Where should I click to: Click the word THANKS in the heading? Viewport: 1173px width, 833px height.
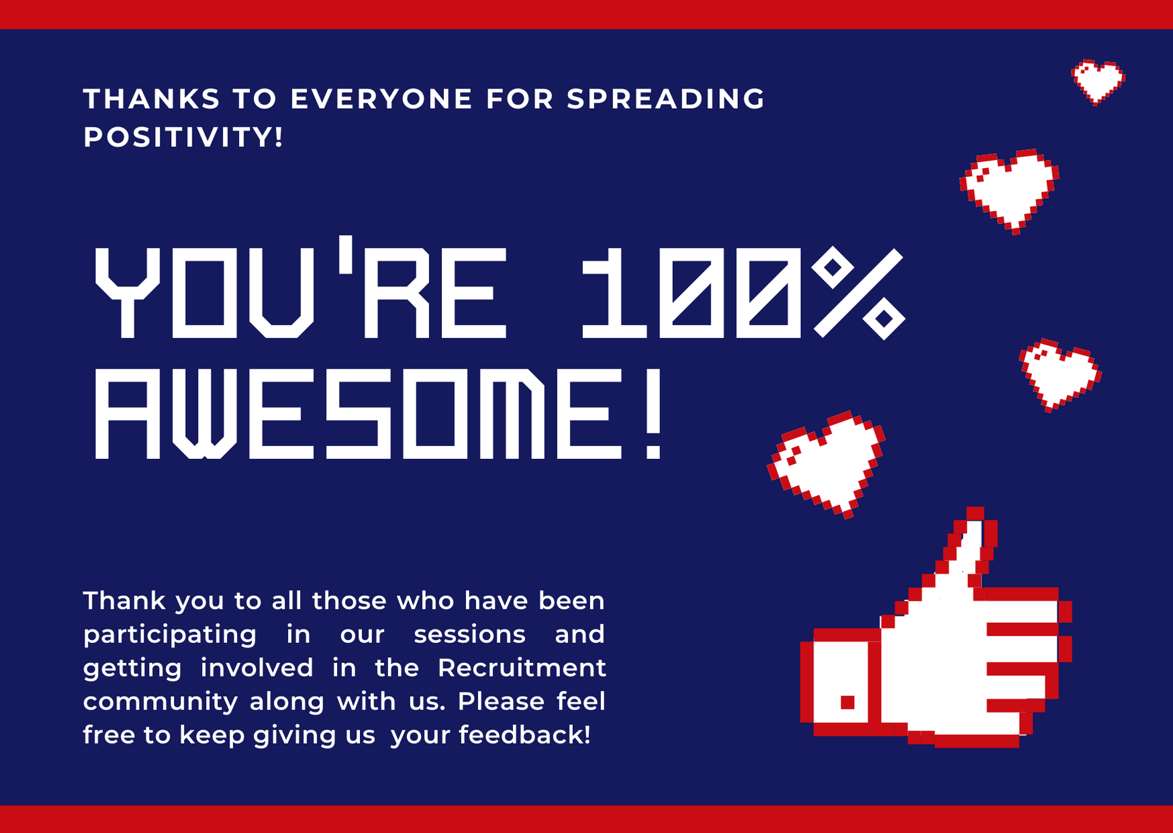click(x=152, y=99)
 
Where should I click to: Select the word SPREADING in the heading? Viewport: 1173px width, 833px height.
click(x=665, y=99)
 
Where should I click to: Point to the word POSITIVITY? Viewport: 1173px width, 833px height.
click(x=183, y=137)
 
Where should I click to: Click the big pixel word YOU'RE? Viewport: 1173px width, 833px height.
click(x=300, y=288)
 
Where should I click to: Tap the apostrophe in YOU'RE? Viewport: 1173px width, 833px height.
click(x=346, y=255)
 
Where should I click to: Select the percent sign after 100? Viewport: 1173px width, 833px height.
click(x=858, y=293)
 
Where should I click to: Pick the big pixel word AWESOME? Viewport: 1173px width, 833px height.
click(x=358, y=414)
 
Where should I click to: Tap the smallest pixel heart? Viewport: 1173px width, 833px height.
click(x=1098, y=82)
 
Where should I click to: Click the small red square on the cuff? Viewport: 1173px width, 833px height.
click(x=848, y=703)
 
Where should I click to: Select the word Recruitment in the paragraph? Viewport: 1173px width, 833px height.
click(x=522, y=668)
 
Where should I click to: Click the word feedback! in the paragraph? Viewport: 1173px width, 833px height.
click(x=525, y=735)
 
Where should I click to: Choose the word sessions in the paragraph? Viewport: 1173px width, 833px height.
click(x=469, y=635)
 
